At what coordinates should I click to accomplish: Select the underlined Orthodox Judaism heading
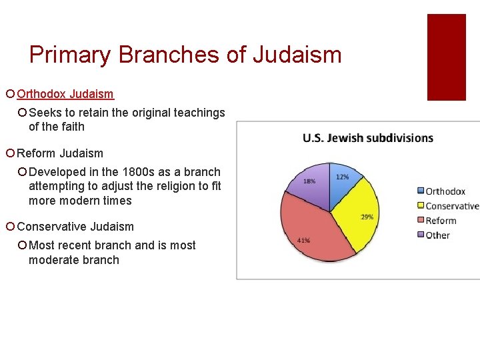click(65, 95)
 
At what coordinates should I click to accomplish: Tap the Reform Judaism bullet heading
click(60, 153)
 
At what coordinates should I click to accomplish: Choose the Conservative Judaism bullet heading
click(75, 227)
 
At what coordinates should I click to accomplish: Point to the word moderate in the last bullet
click(52, 260)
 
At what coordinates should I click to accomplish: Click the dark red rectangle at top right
click(446, 57)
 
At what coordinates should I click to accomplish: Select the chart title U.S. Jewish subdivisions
click(367, 138)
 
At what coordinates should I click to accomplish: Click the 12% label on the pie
click(342, 177)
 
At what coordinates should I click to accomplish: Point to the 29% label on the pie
click(366, 217)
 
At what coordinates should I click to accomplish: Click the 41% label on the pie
click(303, 240)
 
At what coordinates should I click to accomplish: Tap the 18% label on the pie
click(309, 181)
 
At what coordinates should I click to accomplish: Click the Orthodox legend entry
click(445, 191)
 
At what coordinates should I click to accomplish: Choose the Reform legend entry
click(440, 221)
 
